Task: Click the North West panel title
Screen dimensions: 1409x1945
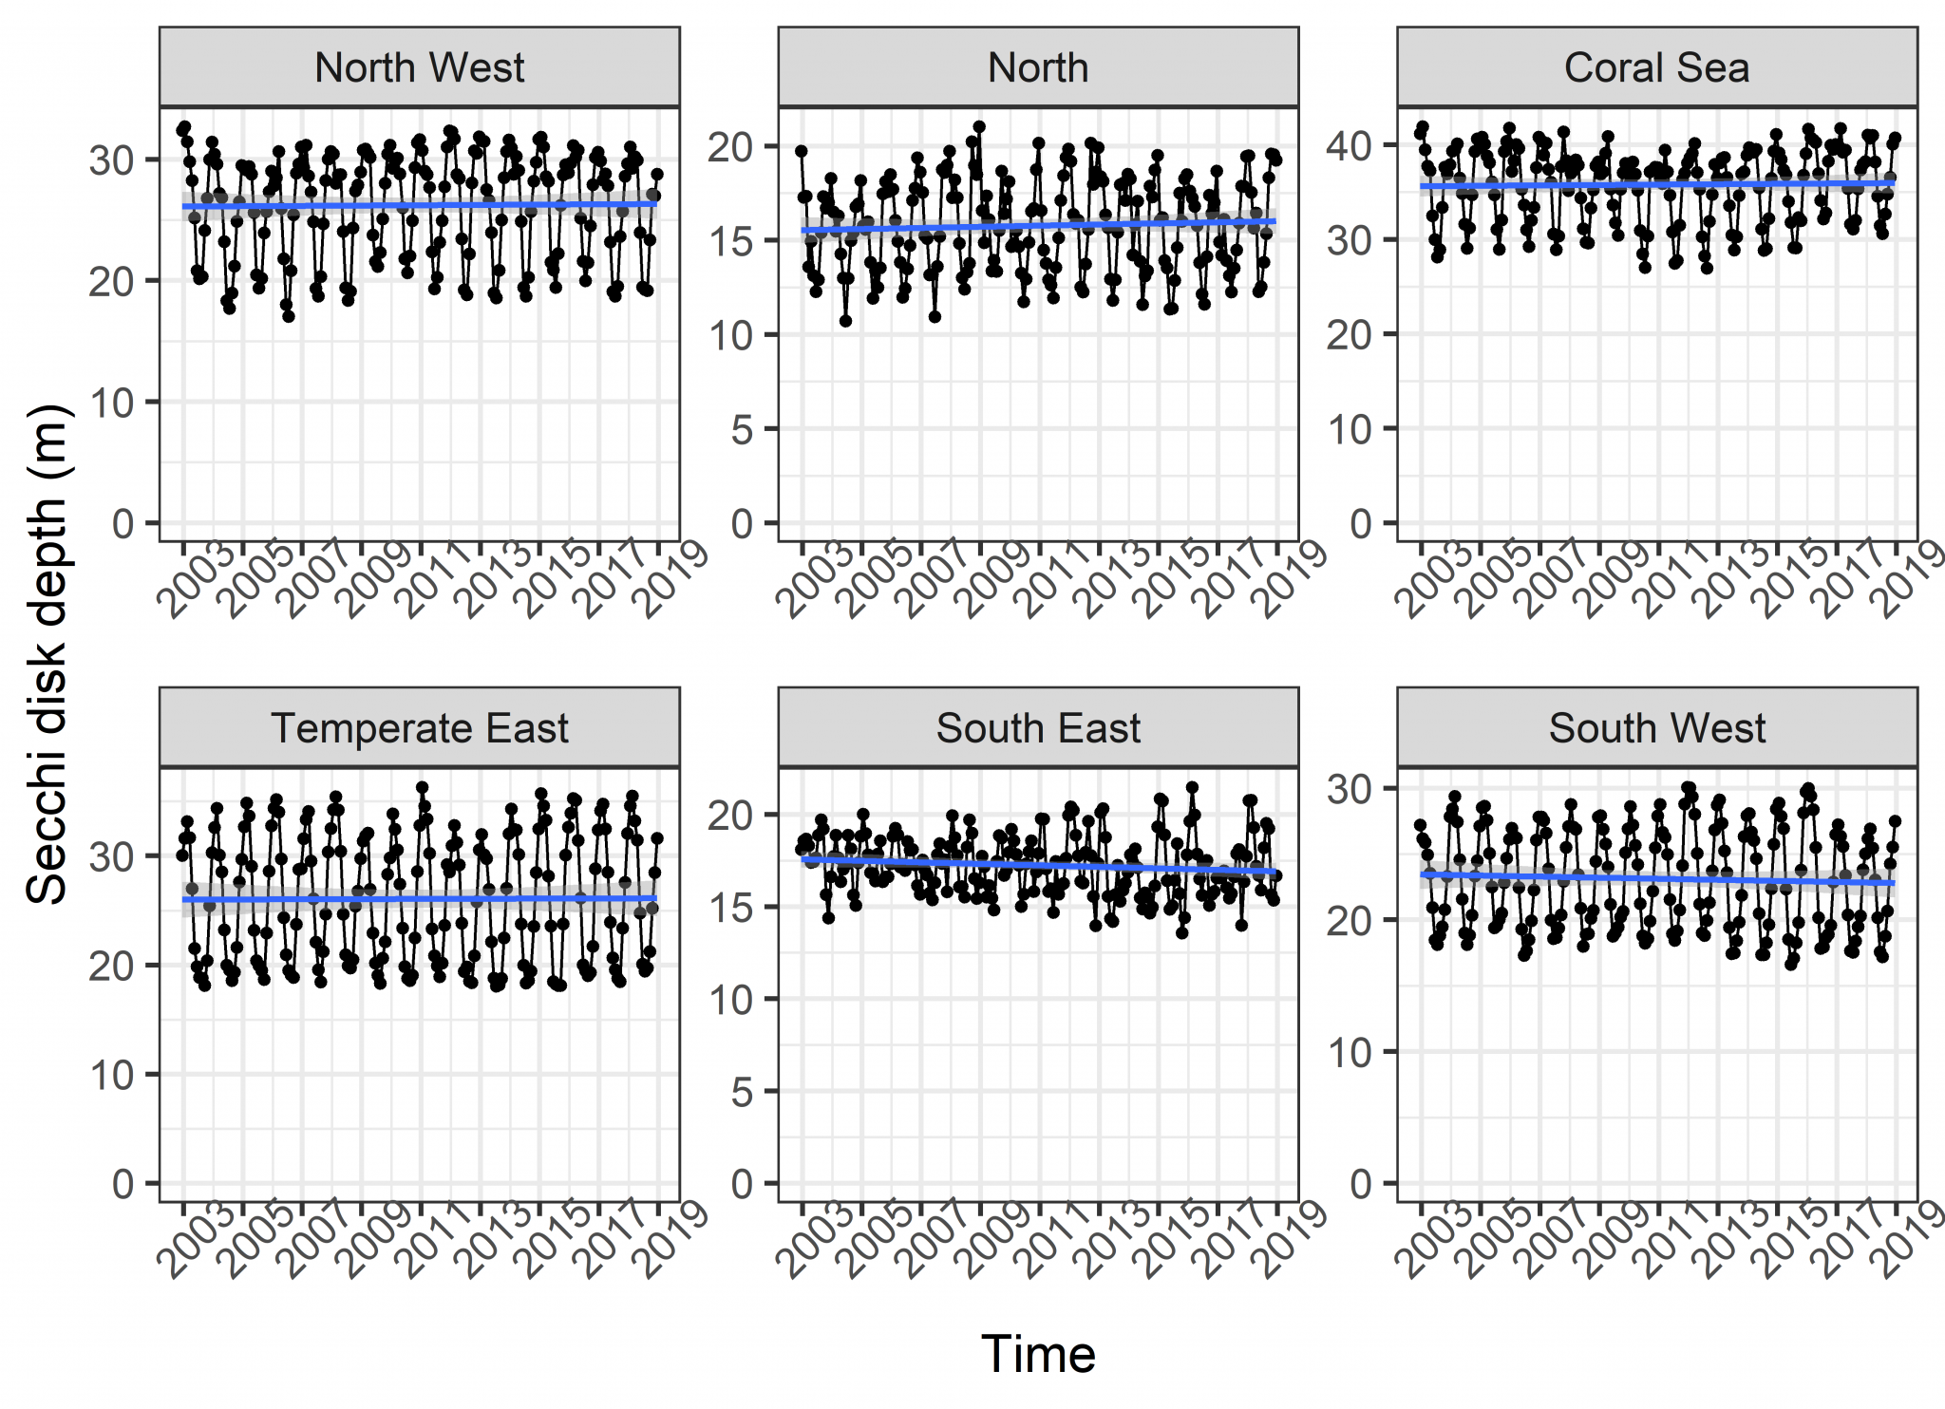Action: pos(419,68)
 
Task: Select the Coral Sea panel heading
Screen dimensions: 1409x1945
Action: pos(1656,68)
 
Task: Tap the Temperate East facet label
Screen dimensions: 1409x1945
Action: pos(419,729)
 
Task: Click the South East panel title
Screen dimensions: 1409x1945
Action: pos(1038,729)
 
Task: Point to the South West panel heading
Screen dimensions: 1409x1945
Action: pos(1656,729)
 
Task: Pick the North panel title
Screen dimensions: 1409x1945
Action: pos(1038,68)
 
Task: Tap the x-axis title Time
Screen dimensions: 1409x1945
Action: pos(1038,1355)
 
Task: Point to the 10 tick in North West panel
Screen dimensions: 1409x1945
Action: pos(112,403)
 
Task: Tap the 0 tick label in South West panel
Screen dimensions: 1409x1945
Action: pos(1361,1184)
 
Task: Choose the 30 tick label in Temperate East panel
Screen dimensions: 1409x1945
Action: pos(112,856)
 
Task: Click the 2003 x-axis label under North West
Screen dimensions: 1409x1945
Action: pos(193,581)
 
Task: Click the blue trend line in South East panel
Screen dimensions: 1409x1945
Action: pos(1038,865)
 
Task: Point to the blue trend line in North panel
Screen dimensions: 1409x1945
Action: pos(1038,225)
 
